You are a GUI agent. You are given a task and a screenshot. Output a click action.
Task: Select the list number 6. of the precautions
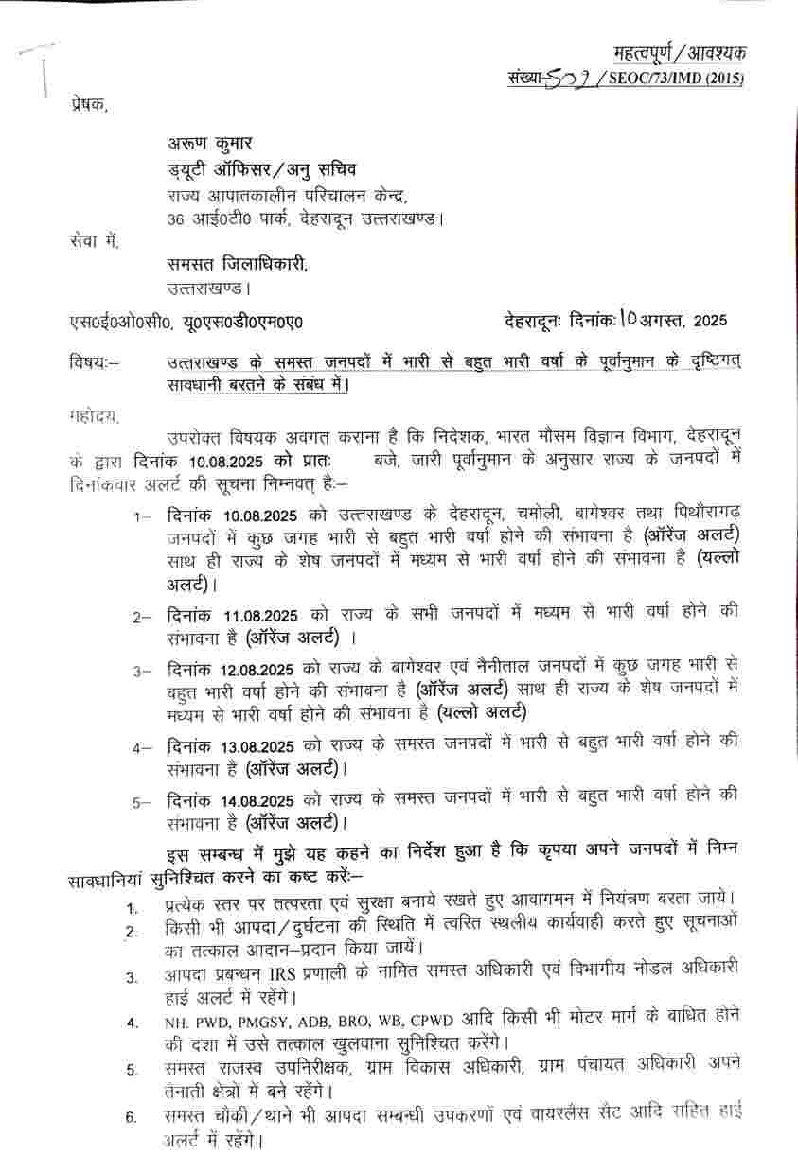pyautogui.click(x=132, y=1117)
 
